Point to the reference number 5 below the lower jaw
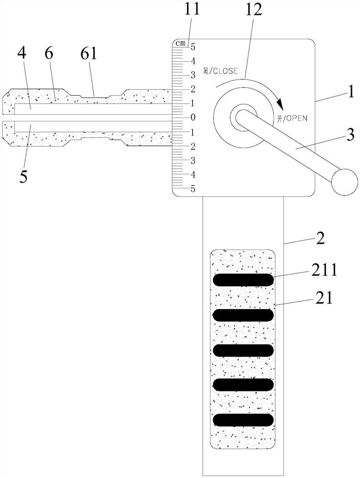(x=23, y=175)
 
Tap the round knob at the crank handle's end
(x=345, y=182)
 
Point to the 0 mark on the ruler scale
(x=193, y=117)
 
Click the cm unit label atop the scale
(x=180, y=43)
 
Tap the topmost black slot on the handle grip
(x=243, y=280)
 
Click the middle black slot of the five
(x=243, y=350)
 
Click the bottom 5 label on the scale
(x=193, y=189)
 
